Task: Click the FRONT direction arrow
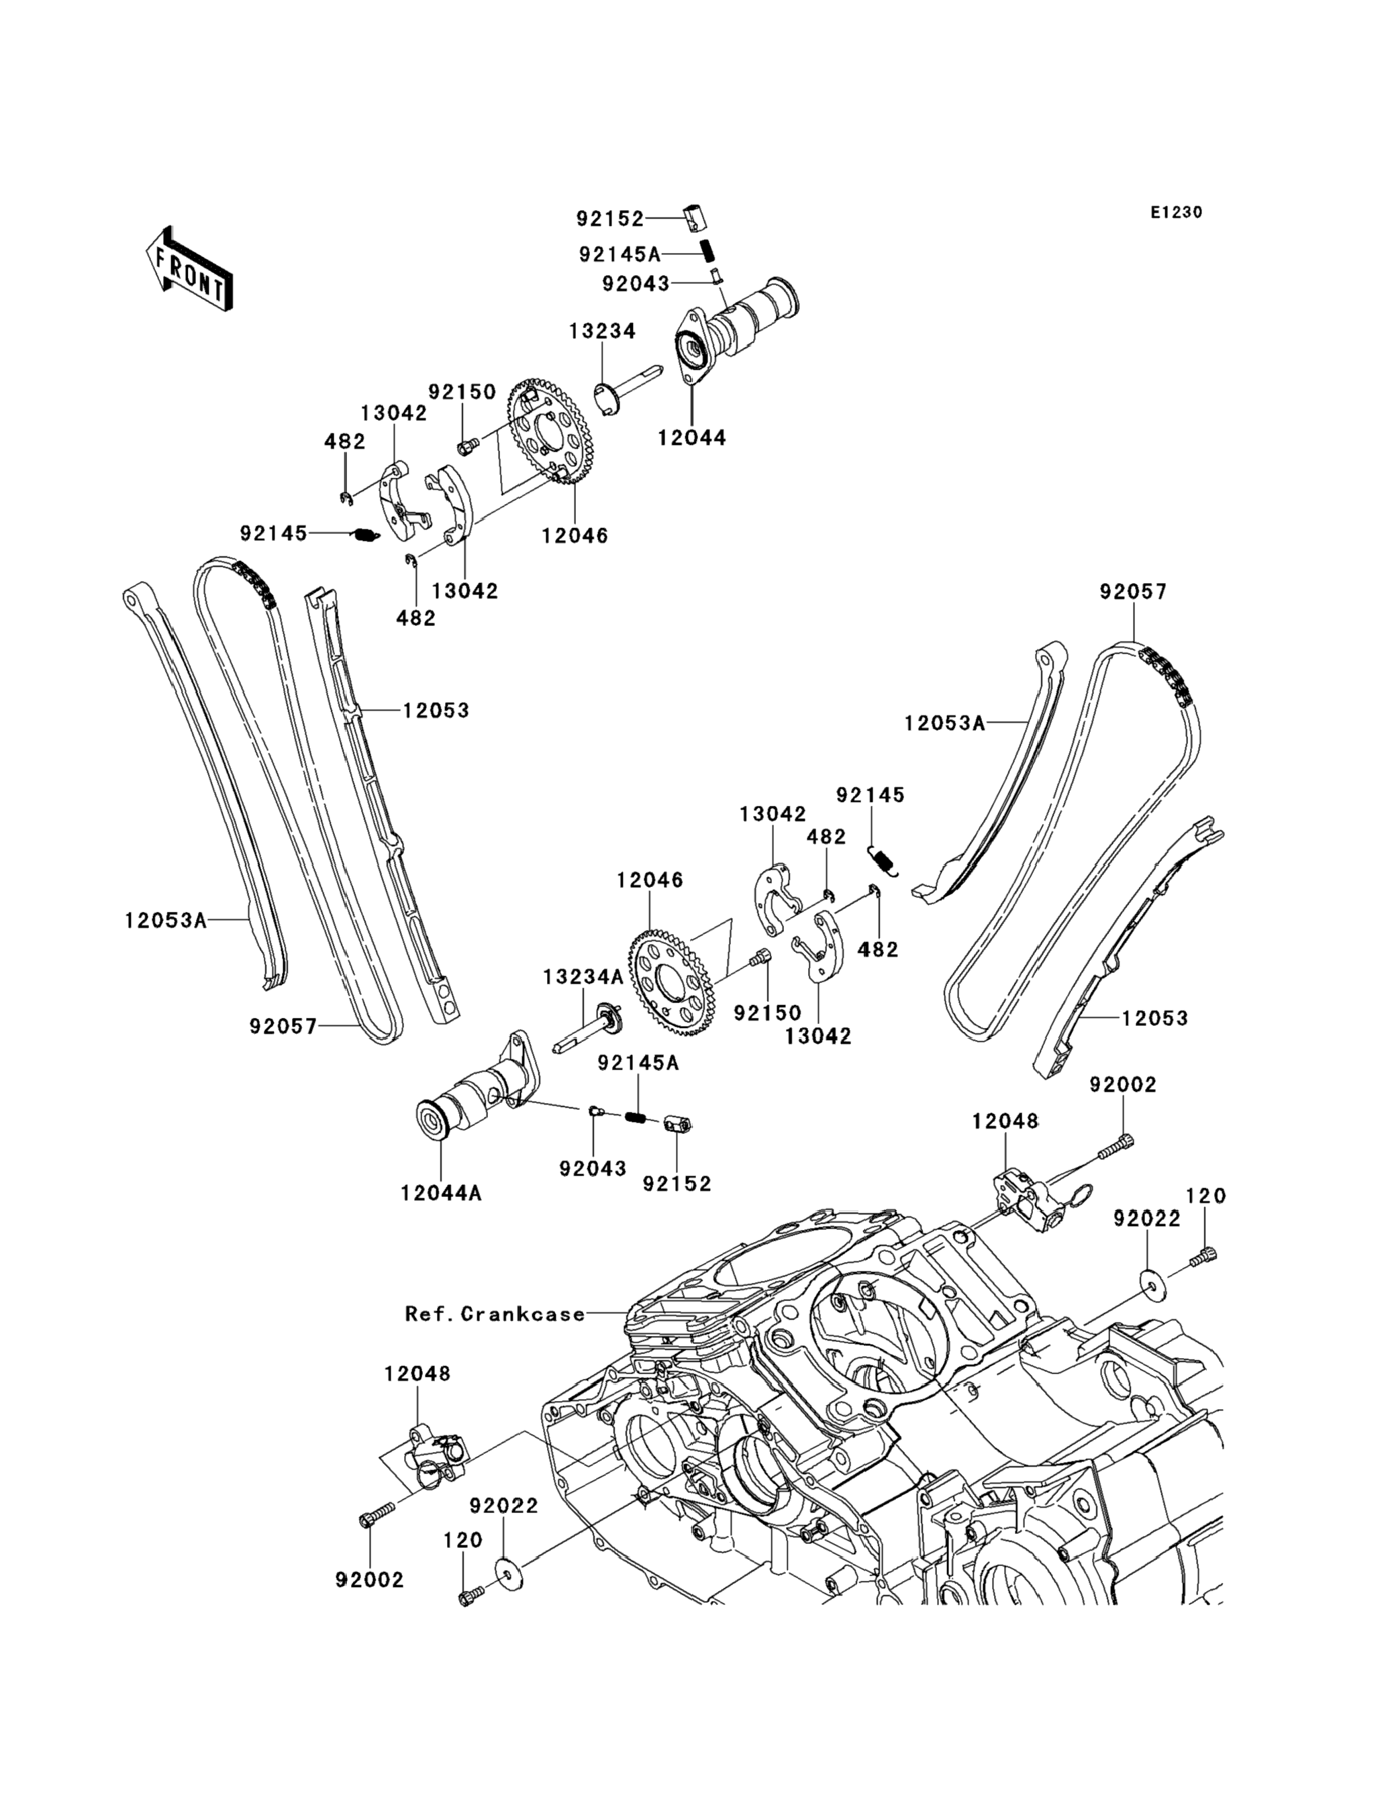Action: (189, 268)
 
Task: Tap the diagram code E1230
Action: (1177, 213)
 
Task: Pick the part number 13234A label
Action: (583, 977)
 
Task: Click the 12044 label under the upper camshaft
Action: (692, 438)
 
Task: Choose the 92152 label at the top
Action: (609, 219)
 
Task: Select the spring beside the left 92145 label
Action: (366, 535)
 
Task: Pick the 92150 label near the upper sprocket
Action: (461, 391)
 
